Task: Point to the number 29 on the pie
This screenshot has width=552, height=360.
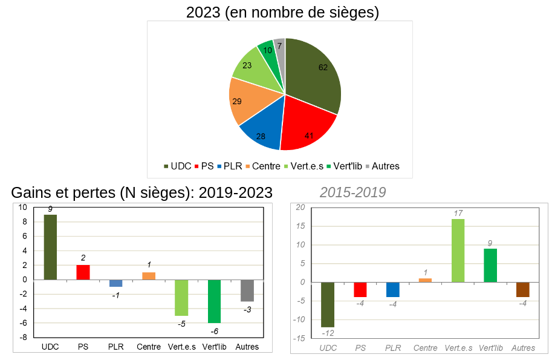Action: (x=237, y=101)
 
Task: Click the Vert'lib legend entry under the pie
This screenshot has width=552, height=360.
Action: (x=345, y=166)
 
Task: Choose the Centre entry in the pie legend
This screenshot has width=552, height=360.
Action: (x=262, y=166)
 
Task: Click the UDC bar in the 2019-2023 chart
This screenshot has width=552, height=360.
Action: (x=50, y=247)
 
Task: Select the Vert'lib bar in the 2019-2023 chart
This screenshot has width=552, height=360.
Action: (x=214, y=301)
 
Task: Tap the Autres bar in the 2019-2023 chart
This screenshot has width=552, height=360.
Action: (x=247, y=290)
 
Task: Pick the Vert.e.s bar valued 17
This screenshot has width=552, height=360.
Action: (x=458, y=250)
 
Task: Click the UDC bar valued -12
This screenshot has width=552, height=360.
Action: (x=328, y=304)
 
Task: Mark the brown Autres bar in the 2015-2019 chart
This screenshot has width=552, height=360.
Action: (x=523, y=289)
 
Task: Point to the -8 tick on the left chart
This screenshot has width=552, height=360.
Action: (x=22, y=337)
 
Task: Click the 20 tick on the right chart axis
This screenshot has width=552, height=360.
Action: (x=300, y=208)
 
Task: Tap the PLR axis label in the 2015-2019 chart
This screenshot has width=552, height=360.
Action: (x=393, y=348)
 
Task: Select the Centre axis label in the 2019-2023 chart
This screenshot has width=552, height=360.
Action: (x=149, y=347)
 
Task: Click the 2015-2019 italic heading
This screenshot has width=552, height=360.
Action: (x=352, y=192)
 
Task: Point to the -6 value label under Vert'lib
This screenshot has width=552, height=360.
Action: (x=214, y=332)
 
